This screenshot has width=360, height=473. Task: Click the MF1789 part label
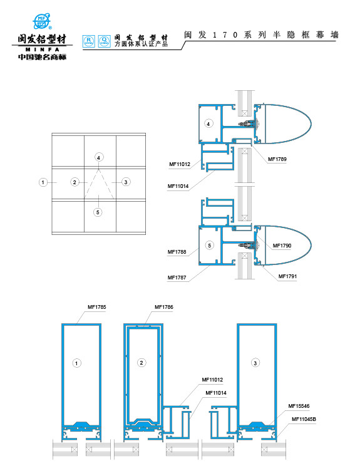click(277, 159)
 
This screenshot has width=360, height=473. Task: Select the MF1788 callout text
click(177, 252)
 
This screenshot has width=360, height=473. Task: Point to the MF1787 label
click(177, 276)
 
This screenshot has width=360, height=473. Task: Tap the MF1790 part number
click(282, 245)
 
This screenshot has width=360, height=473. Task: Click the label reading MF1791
click(287, 276)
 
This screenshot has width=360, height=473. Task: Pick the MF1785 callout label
click(96, 307)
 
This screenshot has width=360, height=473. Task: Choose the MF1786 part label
click(163, 307)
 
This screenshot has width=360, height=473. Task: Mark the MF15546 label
click(299, 406)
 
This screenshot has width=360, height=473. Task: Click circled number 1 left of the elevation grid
click(43, 182)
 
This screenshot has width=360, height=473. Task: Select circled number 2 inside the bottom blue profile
click(141, 363)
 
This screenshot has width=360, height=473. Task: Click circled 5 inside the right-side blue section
click(210, 245)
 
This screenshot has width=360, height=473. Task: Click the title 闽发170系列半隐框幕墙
click(261, 35)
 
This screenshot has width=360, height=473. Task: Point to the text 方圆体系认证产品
click(141, 44)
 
